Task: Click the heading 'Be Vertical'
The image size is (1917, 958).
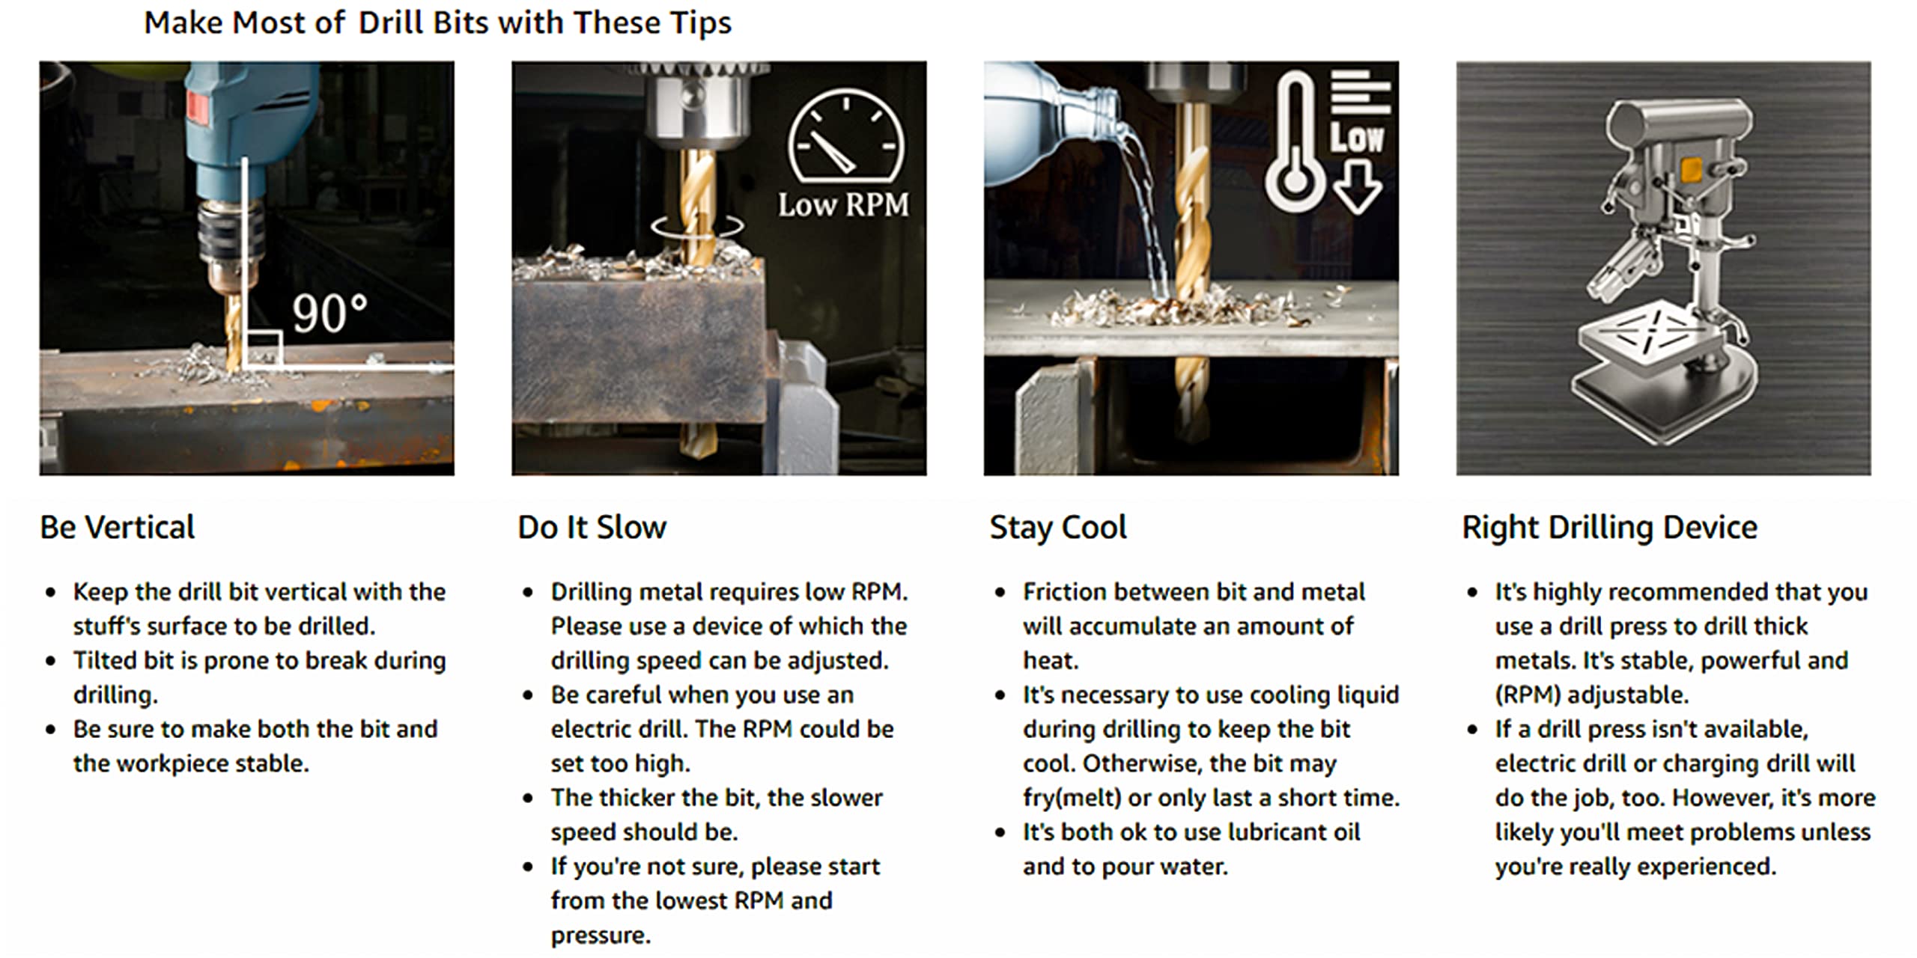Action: tap(118, 527)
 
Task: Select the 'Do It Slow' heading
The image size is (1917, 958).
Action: tap(592, 527)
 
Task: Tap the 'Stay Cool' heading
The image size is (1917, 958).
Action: tap(1058, 528)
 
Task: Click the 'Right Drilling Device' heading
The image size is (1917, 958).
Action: tap(1609, 528)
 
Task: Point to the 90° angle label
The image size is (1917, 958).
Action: tap(329, 313)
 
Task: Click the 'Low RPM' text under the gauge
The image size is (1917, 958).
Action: tap(843, 204)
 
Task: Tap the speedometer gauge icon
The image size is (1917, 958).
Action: tap(846, 135)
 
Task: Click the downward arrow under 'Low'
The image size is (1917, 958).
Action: tap(1357, 187)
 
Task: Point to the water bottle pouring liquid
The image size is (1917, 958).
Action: tap(1048, 123)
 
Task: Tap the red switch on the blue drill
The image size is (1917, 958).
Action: tap(197, 107)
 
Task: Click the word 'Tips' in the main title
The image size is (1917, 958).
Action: tap(701, 22)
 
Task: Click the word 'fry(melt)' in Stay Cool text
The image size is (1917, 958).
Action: tap(1072, 798)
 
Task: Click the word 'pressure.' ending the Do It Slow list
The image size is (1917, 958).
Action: tap(601, 936)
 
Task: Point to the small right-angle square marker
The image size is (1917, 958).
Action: tap(264, 349)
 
